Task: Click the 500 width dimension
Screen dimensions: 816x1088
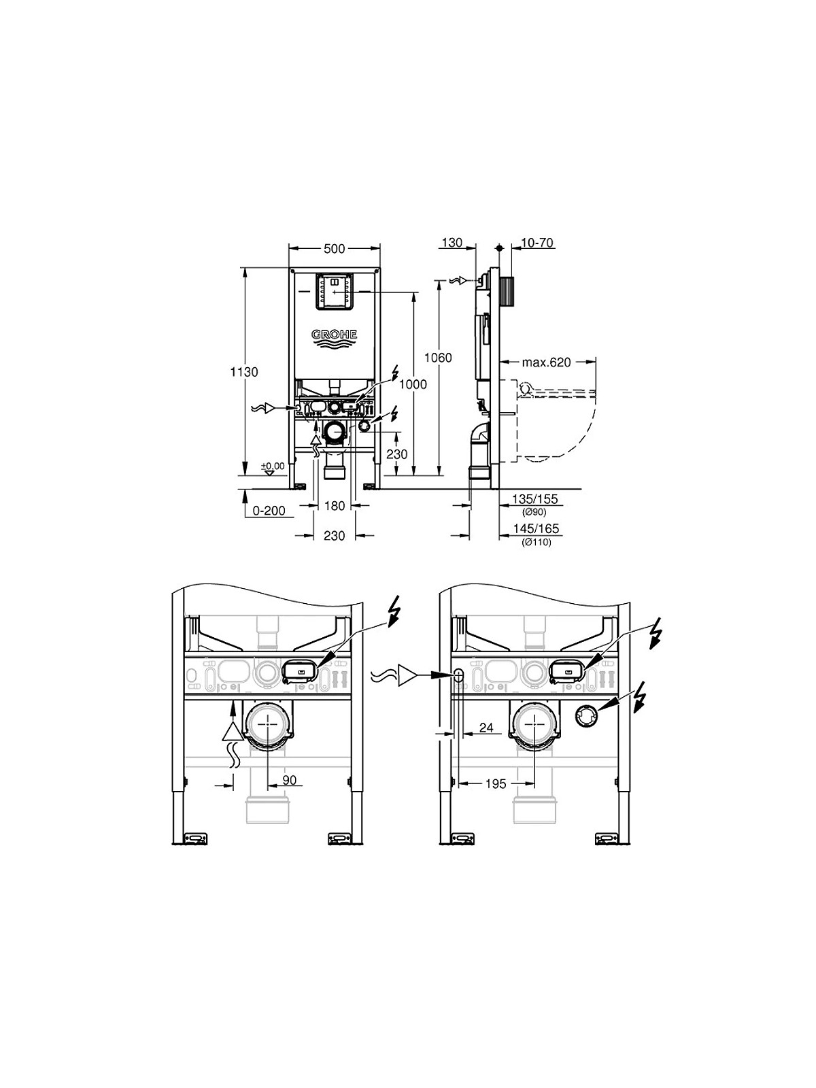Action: [x=335, y=249]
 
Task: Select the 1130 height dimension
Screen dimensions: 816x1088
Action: [x=244, y=372]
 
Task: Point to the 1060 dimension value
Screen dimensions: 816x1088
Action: [x=439, y=358]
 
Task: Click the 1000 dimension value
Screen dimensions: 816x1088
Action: [x=413, y=384]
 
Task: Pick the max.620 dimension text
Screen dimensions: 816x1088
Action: [x=546, y=362]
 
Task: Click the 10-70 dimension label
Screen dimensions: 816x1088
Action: [x=538, y=243]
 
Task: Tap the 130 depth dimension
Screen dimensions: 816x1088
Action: [x=452, y=243]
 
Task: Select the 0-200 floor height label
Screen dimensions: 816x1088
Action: [x=269, y=511]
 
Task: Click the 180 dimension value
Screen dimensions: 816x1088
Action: [x=335, y=506]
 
